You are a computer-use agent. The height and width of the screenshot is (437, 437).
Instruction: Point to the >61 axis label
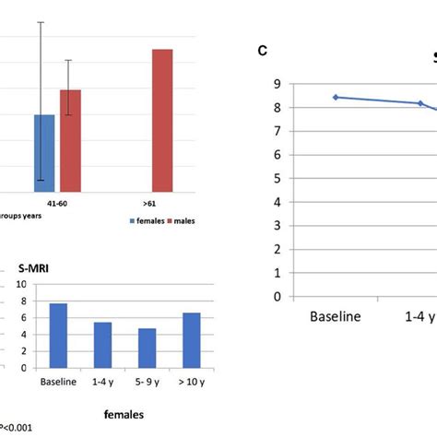pyautogui.click(x=148, y=203)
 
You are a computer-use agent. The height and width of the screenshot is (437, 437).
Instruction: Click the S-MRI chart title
pyautogui.click(x=34, y=269)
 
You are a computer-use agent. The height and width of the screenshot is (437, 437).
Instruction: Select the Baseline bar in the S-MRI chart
pyautogui.click(x=57, y=337)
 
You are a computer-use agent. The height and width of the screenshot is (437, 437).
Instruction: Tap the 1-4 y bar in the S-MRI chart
pyautogui.click(x=104, y=346)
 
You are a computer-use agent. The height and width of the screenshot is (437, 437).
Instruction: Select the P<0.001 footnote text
pyautogui.click(x=17, y=427)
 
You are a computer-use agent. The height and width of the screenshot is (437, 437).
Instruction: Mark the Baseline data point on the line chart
pyautogui.click(x=336, y=97)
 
